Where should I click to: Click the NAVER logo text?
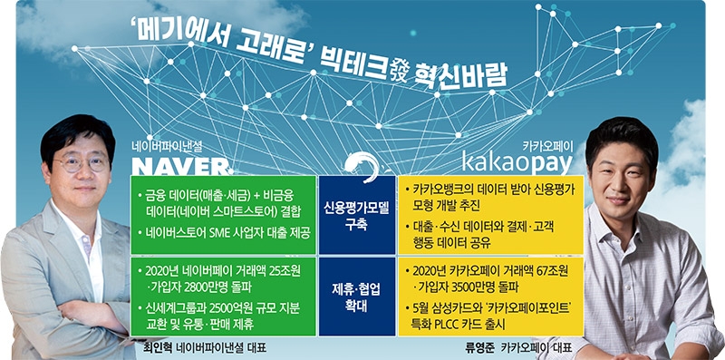[x=177, y=165]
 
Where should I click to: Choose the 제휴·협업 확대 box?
[x=356, y=297]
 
